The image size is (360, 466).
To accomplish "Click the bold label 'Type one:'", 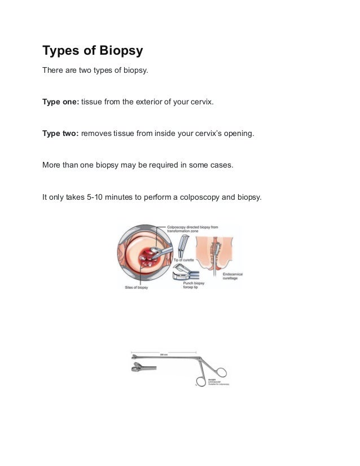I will click(61, 102).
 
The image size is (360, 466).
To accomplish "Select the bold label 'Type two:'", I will click(61, 134).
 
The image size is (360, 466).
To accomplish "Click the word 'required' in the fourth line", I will click(159, 166).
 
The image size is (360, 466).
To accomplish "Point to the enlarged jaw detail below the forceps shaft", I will click(138, 369).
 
